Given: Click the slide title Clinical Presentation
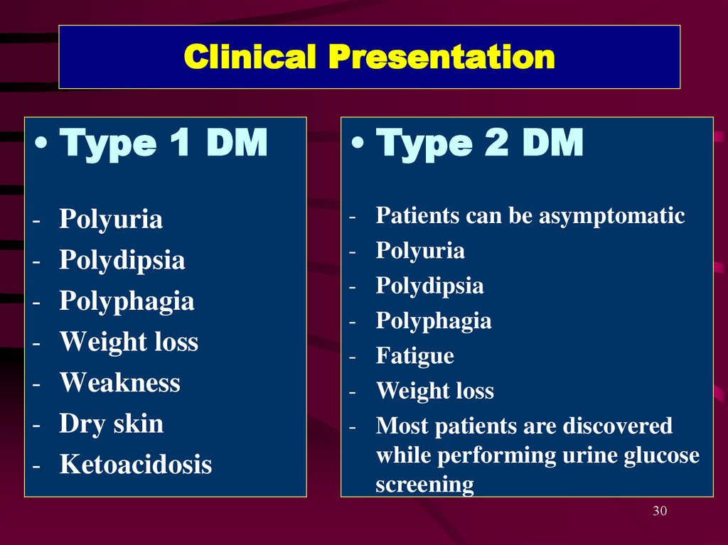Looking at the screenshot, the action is tap(370, 57).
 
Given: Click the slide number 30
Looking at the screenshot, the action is tap(660, 511).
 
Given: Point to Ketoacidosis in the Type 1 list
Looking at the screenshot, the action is tap(136, 464).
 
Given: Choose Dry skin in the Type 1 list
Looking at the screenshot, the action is tap(112, 424).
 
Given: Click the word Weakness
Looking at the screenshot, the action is tap(119, 382).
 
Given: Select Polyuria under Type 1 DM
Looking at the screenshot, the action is tap(111, 220).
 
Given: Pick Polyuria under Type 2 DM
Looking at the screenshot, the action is tap(420, 251).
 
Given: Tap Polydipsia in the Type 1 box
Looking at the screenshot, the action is tap(122, 260).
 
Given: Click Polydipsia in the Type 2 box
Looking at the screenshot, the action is tap(430, 286).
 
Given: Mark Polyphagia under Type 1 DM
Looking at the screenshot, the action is tap(127, 301).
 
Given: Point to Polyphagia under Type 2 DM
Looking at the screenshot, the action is tap(434, 321).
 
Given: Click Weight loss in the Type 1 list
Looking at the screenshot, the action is tap(129, 342).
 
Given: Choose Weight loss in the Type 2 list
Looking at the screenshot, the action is tap(435, 391).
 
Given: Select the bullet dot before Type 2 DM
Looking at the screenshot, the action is tap(358, 143).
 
